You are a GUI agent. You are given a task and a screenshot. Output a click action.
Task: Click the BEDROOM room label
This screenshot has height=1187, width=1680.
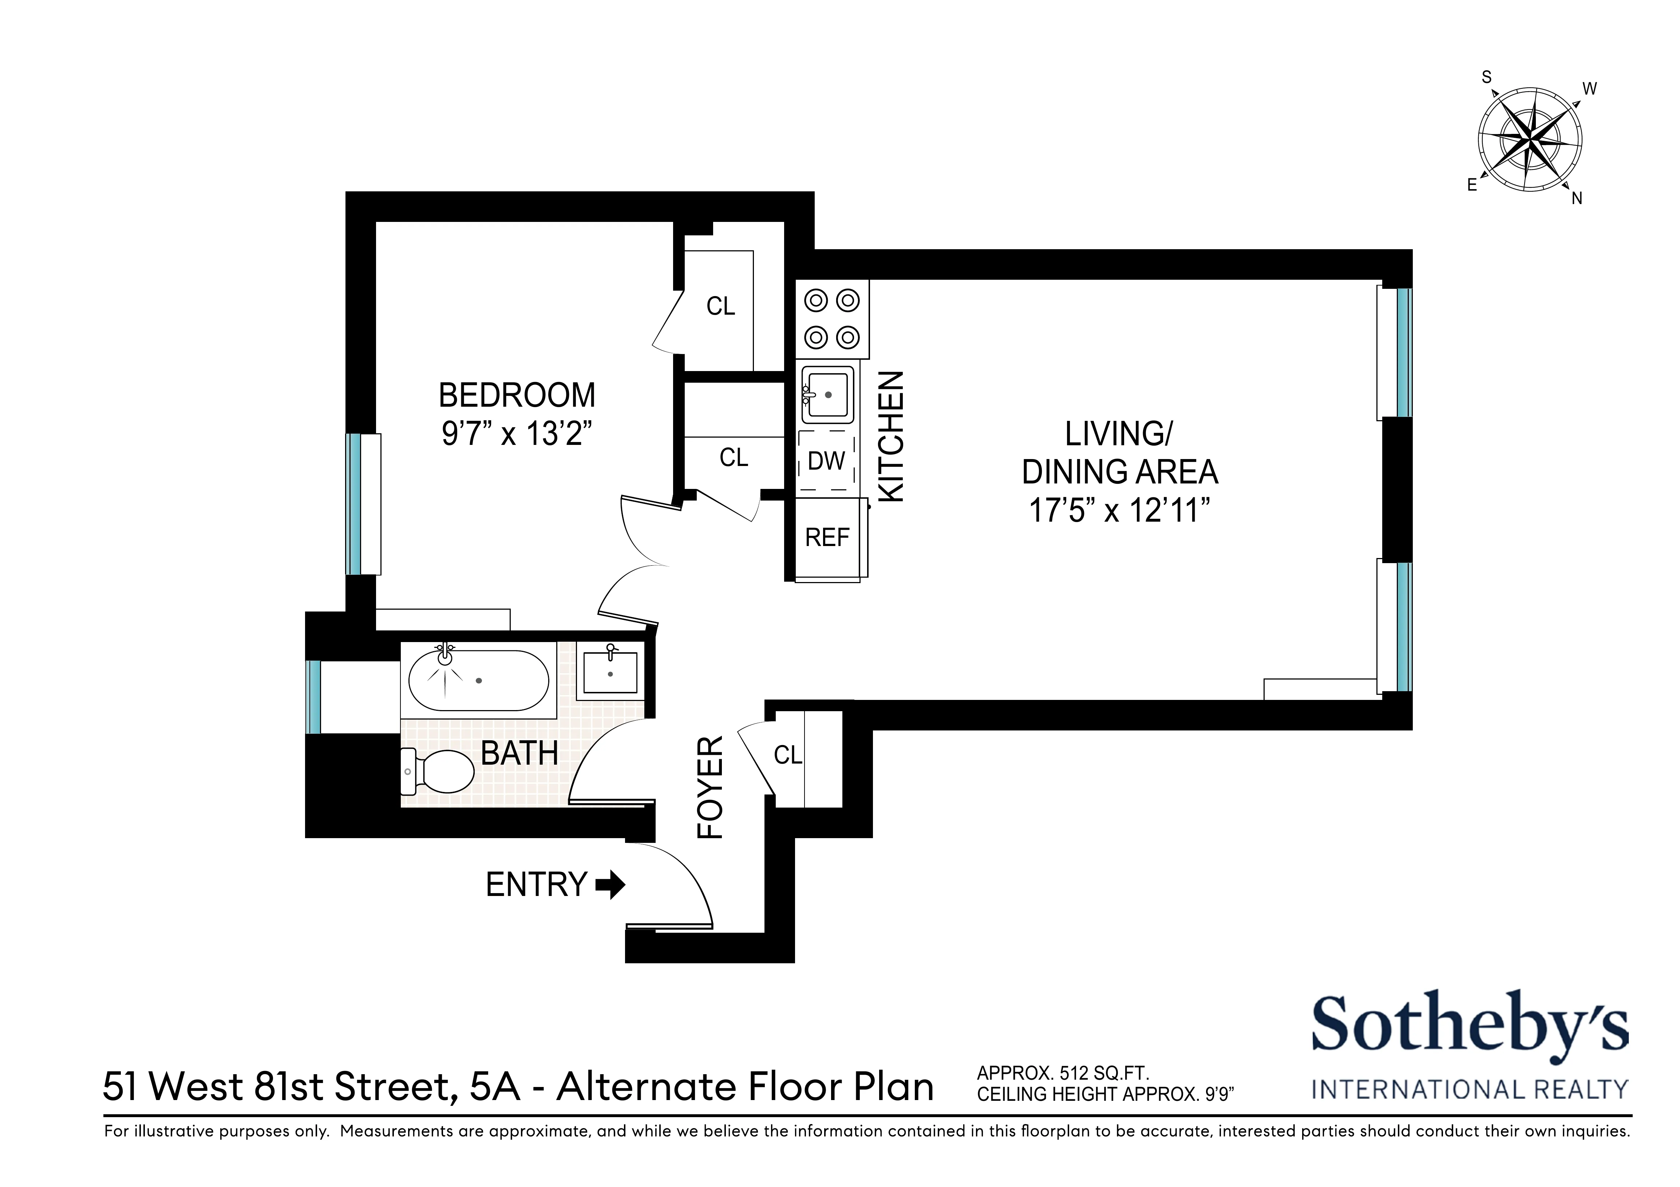[517, 396]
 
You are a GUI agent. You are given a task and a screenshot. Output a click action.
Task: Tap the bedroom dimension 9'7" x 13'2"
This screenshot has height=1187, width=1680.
[517, 434]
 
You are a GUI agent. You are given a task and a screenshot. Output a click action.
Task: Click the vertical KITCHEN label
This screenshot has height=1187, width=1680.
[891, 437]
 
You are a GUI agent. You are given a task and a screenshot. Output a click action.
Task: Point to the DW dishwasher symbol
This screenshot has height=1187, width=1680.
[826, 461]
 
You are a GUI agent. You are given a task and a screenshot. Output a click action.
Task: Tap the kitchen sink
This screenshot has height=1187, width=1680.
[827, 395]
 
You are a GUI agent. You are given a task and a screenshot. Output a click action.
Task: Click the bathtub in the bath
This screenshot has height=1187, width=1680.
[478, 680]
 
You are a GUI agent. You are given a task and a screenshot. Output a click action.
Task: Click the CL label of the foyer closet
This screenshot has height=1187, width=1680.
[788, 755]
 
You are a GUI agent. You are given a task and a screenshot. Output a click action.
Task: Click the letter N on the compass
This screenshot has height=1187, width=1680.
[1577, 198]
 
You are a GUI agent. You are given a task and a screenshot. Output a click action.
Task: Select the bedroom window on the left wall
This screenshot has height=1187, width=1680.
[353, 504]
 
